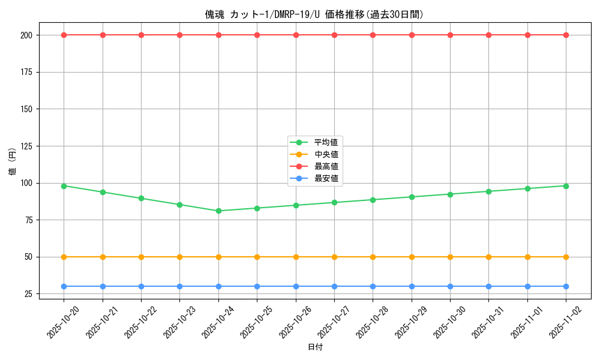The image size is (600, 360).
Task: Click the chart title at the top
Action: pyautogui.click(x=314, y=14)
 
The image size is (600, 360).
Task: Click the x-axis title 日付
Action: pyautogui.click(x=315, y=347)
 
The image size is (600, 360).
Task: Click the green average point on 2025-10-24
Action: pyautogui.click(x=218, y=211)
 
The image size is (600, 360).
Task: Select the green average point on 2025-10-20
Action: pyautogui.click(x=64, y=186)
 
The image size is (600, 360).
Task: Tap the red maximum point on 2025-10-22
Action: pyautogui.click(x=141, y=35)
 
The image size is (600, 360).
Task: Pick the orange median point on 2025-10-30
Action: pyautogui.click(x=450, y=257)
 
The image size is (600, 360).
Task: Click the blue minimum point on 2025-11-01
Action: pyautogui.click(x=527, y=286)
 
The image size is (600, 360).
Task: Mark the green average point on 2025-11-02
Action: pyautogui.click(x=566, y=186)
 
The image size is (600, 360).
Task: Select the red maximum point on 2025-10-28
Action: pyautogui.click(x=373, y=35)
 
